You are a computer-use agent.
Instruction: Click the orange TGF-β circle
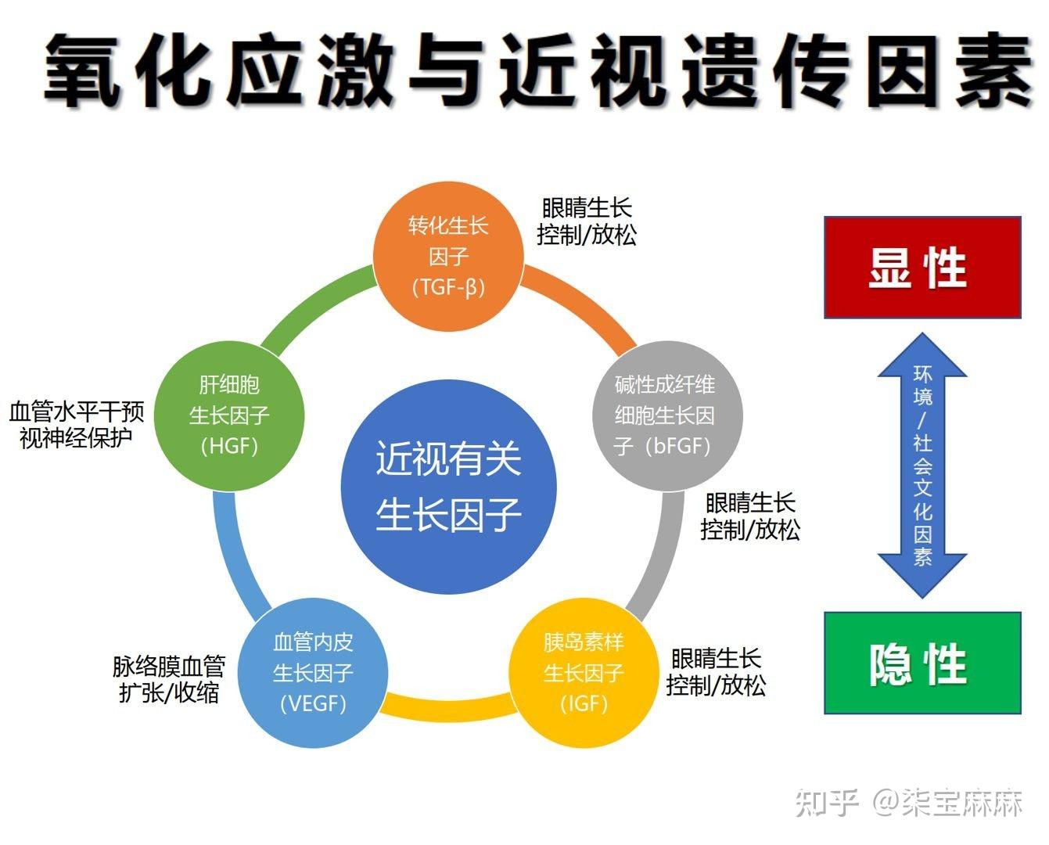(x=448, y=257)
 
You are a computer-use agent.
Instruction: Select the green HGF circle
(x=229, y=416)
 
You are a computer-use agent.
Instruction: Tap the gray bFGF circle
(x=667, y=416)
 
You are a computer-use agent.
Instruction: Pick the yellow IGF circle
(x=584, y=674)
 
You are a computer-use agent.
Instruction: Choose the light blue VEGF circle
(x=313, y=674)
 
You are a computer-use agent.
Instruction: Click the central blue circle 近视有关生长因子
(x=448, y=487)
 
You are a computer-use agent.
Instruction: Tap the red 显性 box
(x=923, y=268)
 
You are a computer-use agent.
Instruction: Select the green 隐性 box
(x=923, y=663)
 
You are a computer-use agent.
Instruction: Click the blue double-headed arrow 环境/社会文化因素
(x=922, y=466)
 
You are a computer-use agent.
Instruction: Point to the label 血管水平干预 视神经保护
(x=77, y=425)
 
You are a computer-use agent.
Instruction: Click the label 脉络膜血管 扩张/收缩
(x=169, y=679)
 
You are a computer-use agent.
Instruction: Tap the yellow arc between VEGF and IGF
(x=448, y=709)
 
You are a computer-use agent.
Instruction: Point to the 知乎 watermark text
(x=827, y=803)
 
